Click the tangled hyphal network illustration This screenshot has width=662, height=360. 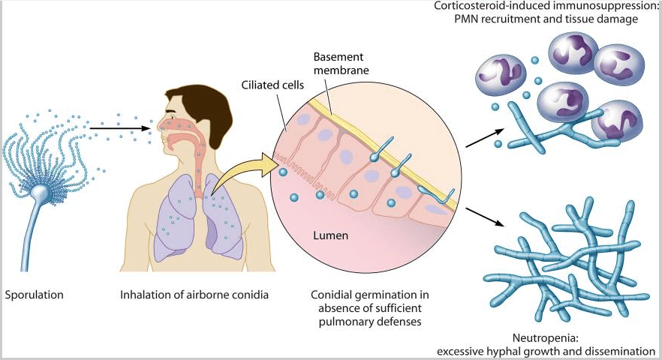point(570,259)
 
